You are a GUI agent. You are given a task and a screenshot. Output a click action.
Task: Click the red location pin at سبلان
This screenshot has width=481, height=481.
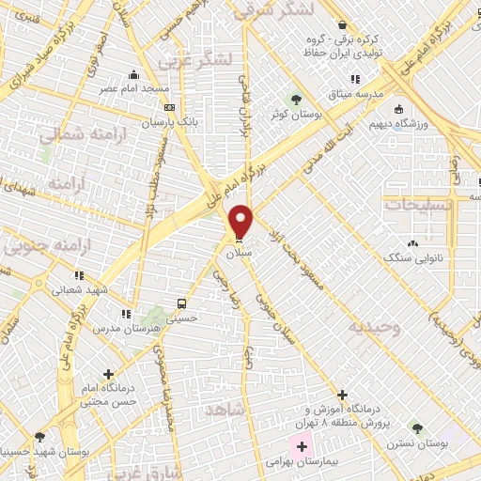[x=241, y=222]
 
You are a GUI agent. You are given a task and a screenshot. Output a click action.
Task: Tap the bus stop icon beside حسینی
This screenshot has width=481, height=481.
[x=180, y=303]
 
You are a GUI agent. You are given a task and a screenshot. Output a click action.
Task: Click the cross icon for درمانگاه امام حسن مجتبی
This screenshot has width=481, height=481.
[x=110, y=375]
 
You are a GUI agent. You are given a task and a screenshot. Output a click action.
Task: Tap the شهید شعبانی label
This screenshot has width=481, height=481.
[x=79, y=290]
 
